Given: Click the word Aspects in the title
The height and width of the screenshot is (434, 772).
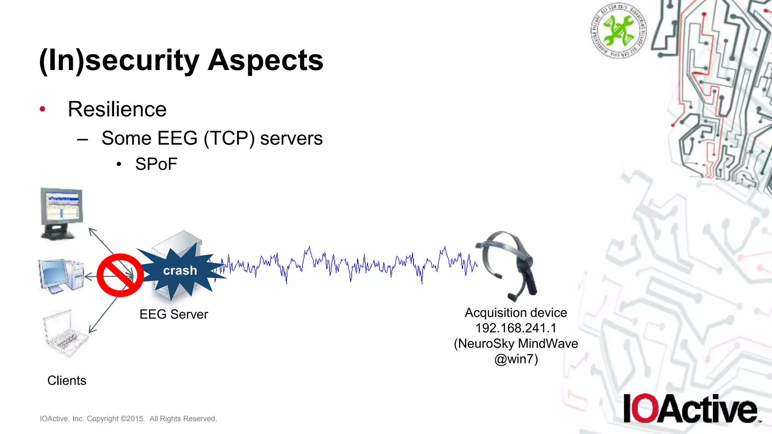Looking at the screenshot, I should [265, 60].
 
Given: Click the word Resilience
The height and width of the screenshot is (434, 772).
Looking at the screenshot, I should [117, 109].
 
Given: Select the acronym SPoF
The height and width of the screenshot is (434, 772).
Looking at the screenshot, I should [156, 164].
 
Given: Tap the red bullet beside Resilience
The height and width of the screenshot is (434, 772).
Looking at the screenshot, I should [43, 109].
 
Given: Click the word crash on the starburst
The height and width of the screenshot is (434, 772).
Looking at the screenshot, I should [180, 270].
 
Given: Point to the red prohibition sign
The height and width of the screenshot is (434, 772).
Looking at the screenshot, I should [120, 275].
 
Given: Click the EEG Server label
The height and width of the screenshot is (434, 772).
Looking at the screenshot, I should [173, 314].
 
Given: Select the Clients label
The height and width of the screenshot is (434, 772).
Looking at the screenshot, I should [67, 381].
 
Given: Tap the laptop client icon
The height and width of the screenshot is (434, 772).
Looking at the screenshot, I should [65, 333].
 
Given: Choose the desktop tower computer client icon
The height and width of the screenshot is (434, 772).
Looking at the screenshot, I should [61, 276].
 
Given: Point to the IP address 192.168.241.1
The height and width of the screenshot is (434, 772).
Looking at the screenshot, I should [516, 328].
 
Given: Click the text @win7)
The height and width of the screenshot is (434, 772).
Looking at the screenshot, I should [516, 359].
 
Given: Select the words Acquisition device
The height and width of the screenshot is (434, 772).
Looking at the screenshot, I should [516, 313].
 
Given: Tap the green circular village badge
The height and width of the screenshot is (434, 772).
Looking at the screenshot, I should [618, 30].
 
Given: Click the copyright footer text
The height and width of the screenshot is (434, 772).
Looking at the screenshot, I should [128, 419].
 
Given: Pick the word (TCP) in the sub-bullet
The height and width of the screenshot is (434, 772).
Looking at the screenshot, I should [229, 138].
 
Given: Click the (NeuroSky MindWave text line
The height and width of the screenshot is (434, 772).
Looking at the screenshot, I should [516, 344].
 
